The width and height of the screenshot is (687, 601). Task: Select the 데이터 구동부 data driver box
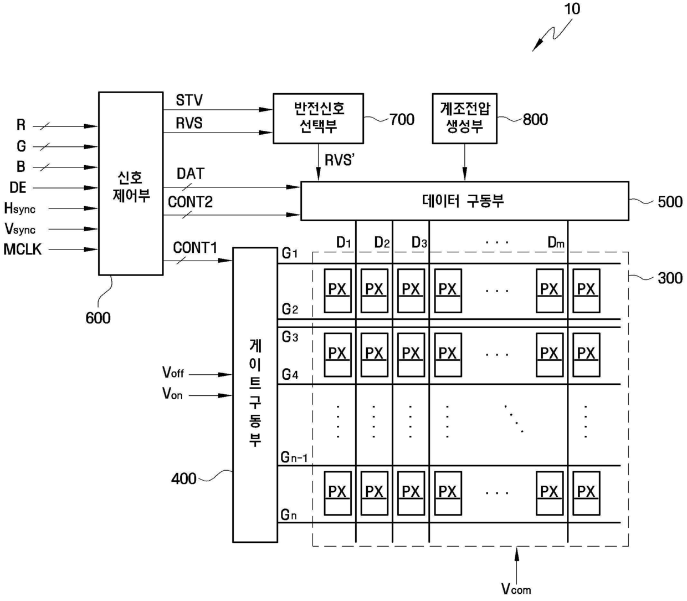point(464,201)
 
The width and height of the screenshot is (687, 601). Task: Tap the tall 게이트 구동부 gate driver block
point(255,394)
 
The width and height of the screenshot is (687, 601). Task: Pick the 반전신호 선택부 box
point(318,118)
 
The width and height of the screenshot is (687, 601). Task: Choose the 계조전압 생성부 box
point(464,118)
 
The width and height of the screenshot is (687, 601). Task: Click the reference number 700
point(402,119)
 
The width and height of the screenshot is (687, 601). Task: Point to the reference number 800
point(535,119)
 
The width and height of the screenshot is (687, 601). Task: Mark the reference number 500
point(670,202)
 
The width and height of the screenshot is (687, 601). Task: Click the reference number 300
point(670,278)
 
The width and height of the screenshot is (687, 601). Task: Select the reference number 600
point(98,318)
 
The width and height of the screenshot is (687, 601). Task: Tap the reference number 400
point(184,478)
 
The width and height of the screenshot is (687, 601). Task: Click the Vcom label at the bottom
point(516,589)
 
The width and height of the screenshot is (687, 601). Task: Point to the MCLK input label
point(23,249)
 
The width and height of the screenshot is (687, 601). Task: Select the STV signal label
point(189,101)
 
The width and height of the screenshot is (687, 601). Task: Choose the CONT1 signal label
point(195,248)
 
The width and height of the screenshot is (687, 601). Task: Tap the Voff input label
point(173,373)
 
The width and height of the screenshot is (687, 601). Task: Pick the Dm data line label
point(556,242)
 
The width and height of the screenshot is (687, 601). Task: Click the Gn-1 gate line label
point(294,457)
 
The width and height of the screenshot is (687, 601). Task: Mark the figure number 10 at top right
point(572,9)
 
